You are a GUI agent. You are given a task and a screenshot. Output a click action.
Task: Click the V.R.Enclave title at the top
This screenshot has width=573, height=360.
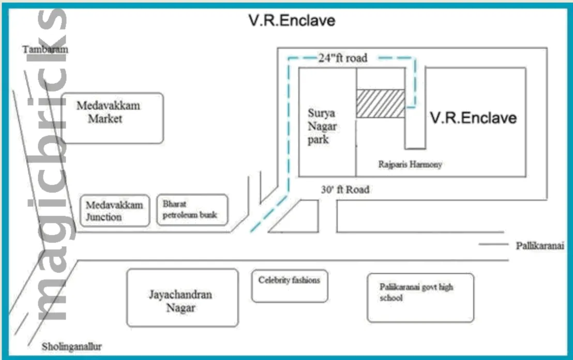coord(292,21)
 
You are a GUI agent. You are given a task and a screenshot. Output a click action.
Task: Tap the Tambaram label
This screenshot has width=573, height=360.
coord(46,49)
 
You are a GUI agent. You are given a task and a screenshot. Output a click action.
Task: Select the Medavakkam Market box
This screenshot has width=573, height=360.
coord(112,118)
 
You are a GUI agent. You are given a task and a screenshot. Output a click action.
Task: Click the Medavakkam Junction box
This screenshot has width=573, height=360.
coord(114,211)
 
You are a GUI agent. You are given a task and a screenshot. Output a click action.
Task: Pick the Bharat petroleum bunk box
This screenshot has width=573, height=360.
coord(192,209)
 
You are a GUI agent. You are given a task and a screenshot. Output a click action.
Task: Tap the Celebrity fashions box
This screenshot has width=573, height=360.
coord(290,286)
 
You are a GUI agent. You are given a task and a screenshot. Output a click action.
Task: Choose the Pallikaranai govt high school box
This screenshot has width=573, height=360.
coord(420,297)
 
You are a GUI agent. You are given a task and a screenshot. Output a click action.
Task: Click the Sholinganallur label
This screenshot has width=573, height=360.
coord(71,347)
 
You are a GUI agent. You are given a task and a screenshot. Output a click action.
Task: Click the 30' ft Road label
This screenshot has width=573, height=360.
coord(345,190)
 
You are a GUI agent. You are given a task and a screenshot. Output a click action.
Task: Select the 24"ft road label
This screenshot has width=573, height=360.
coord(342,58)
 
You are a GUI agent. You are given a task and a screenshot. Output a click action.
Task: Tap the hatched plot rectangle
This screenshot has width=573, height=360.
coord(380,103)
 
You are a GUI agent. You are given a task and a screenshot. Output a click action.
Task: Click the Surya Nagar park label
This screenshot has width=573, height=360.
coord(322,126)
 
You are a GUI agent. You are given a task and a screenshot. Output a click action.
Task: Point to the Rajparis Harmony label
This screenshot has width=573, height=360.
coord(410,164)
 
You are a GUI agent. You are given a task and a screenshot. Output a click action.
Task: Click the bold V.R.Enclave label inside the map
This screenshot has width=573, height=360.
coord(473,118)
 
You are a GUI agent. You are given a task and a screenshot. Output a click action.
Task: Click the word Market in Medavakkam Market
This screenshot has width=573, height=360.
coord(105,119)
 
